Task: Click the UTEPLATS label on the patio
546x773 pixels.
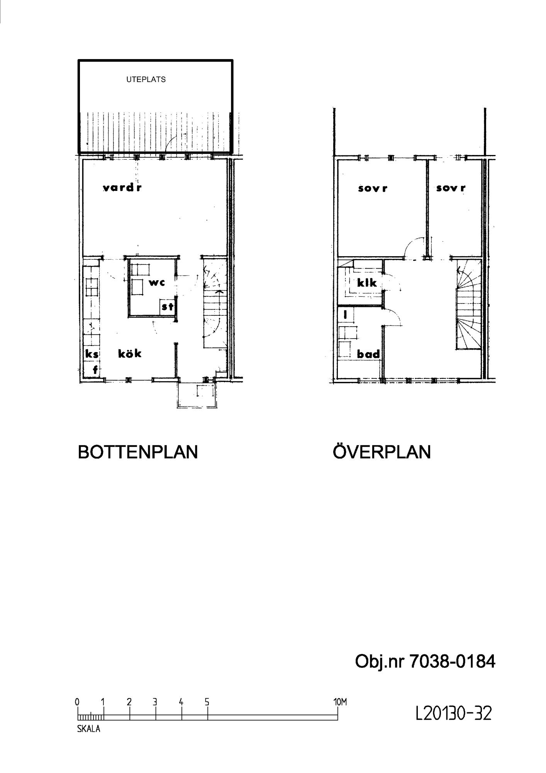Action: pyautogui.click(x=146, y=79)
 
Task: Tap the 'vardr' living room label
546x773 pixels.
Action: pyautogui.click(x=122, y=188)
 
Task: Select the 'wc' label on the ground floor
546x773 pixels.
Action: pyautogui.click(x=157, y=282)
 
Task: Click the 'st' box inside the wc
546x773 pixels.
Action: pyautogui.click(x=167, y=307)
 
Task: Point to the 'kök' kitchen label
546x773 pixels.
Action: pyautogui.click(x=130, y=353)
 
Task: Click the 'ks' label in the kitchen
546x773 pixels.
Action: pyautogui.click(x=92, y=354)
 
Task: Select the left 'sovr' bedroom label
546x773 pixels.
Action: pyautogui.click(x=373, y=189)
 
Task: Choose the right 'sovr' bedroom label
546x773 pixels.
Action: pyautogui.click(x=451, y=188)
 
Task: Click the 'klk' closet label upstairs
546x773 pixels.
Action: pyautogui.click(x=366, y=283)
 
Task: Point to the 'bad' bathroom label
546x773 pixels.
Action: pyautogui.click(x=368, y=354)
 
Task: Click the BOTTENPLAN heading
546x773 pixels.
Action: pyautogui.click(x=138, y=452)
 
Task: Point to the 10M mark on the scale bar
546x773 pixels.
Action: pyautogui.click(x=340, y=702)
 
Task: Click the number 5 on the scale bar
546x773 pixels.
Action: pyautogui.click(x=207, y=702)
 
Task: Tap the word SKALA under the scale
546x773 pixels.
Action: pyautogui.click(x=88, y=729)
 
